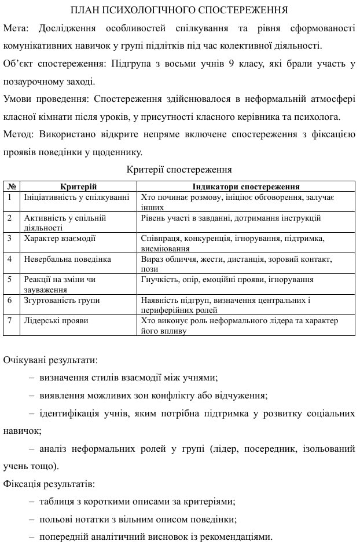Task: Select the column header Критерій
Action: coord(78,187)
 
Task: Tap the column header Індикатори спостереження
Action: coord(246,187)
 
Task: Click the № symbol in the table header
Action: coord(11,187)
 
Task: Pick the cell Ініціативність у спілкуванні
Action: coord(76,197)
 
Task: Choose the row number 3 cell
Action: coord(10,238)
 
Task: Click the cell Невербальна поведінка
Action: coord(67,259)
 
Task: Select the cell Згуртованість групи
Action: coord(62,301)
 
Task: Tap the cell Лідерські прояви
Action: coord(56,321)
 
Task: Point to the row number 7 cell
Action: coord(10,321)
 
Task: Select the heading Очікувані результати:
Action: coord(51,360)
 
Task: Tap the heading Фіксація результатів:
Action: coord(50,484)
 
